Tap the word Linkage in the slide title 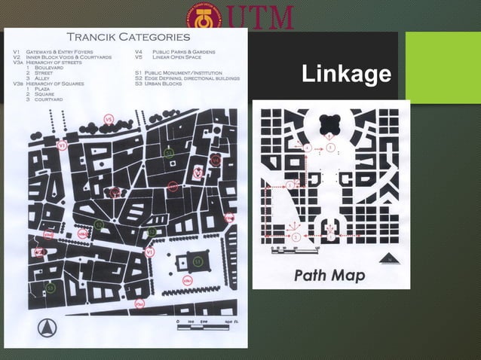(345, 75)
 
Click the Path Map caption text (329, 275)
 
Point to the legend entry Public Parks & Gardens (183, 51)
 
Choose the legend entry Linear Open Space (179, 56)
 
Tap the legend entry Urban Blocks (167, 83)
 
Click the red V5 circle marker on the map (109, 118)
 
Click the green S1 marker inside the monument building (198, 261)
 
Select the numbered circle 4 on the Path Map (307, 148)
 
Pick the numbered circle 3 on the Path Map (290, 185)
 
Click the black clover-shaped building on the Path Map (329, 122)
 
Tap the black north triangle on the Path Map (390, 258)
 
